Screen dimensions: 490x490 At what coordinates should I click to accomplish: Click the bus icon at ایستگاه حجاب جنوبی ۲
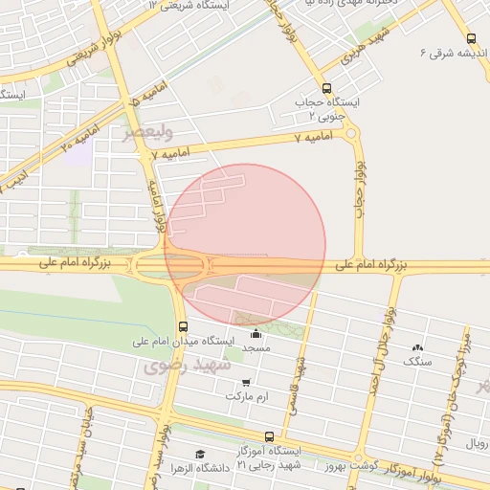(x=328, y=87)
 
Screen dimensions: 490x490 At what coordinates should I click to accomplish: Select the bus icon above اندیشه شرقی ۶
(x=470, y=39)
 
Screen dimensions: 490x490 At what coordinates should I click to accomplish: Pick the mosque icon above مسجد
(x=256, y=333)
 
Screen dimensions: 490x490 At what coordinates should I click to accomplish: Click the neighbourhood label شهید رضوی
(x=189, y=365)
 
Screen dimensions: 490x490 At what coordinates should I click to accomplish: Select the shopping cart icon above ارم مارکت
(x=246, y=383)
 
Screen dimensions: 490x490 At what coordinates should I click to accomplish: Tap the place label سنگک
(x=417, y=361)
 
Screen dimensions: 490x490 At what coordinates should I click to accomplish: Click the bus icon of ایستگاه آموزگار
(x=269, y=436)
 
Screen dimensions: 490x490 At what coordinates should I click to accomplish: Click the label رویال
(x=477, y=443)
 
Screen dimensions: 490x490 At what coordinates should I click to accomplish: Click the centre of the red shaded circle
(x=246, y=244)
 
